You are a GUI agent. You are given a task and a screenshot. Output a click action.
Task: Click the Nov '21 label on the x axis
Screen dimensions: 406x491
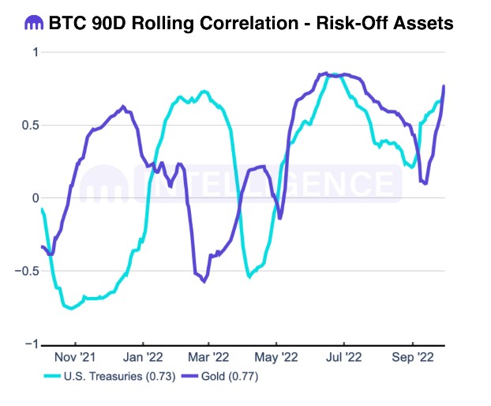tap(77, 358)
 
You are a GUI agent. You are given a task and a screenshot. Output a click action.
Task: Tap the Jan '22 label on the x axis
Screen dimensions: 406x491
tap(144, 358)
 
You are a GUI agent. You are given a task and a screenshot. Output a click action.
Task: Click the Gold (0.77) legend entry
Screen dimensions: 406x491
tap(231, 377)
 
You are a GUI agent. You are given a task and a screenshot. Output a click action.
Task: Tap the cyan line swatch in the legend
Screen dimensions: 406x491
tap(52, 377)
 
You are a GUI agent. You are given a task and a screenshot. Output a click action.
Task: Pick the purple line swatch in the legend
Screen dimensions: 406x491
tap(190, 377)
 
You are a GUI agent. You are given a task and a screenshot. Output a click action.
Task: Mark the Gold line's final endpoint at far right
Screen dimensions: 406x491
tap(444, 86)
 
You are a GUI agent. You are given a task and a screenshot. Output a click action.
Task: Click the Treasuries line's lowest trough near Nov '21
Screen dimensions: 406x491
tap(71, 308)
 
